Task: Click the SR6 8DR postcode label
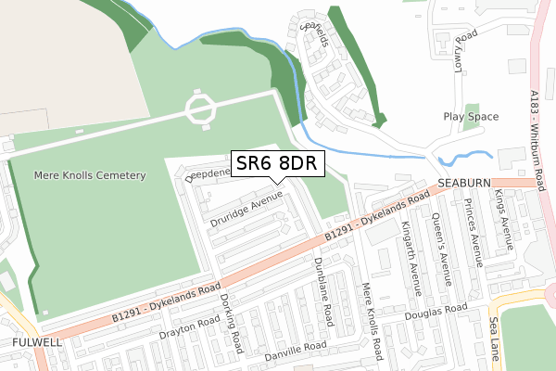click(x=276, y=163)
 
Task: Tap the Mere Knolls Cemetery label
click(x=90, y=175)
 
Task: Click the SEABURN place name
click(x=462, y=184)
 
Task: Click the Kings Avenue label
click(x=504, y=220)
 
